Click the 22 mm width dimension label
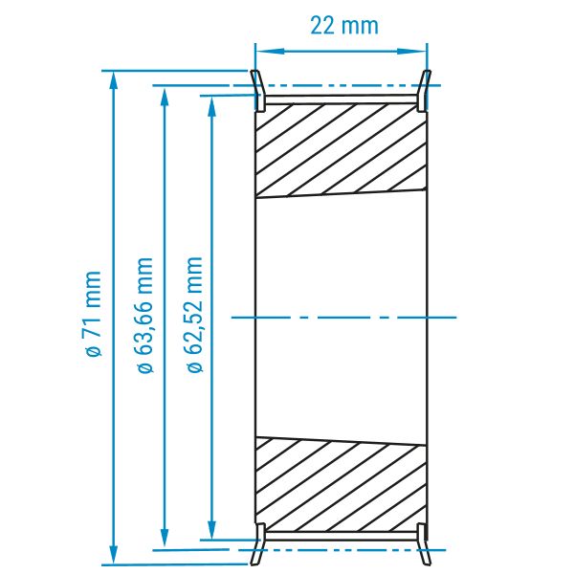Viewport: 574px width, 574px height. point(344,26)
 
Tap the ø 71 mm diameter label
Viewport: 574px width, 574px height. point(93,314)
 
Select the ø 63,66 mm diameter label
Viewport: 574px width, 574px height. point(145,315)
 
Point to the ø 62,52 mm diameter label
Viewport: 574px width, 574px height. point(194,315)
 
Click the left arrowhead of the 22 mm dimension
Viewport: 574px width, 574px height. point(270,51)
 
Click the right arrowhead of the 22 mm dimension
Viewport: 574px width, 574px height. point(412,51)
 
